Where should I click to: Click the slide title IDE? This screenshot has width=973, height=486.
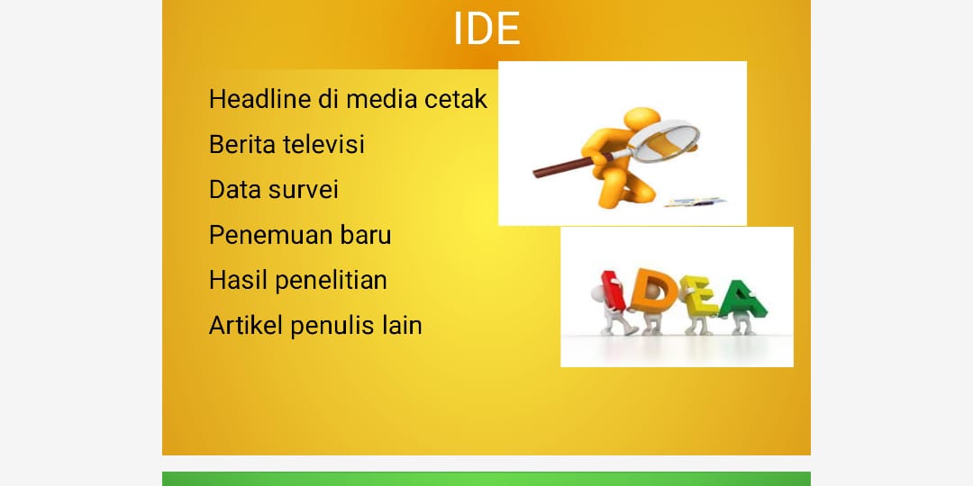[486, 29]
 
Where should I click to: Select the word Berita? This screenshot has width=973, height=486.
[242, 144]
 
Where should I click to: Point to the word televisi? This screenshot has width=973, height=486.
[323, 144]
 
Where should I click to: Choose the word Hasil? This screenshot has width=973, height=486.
[238, 280]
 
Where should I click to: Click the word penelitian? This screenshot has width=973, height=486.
[331, 281]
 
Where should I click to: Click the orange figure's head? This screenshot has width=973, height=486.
[641, 119]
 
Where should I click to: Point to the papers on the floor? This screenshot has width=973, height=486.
[695, 202]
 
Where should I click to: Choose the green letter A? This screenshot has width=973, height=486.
[742, 300]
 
